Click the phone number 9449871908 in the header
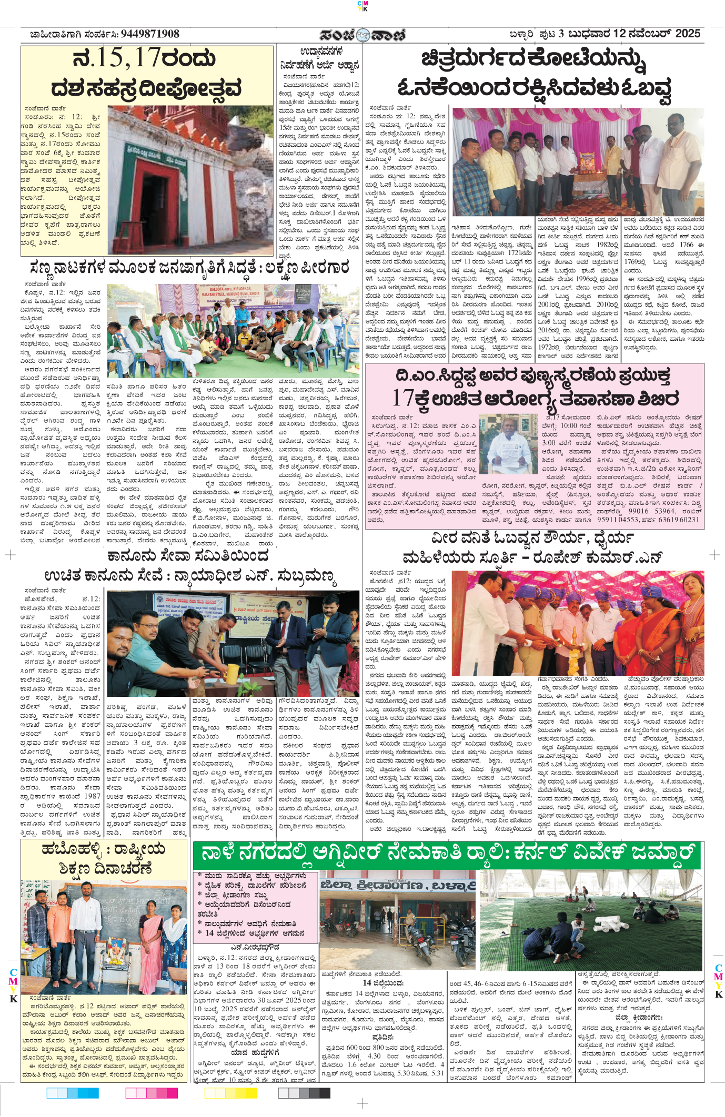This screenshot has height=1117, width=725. (x=150, y=34)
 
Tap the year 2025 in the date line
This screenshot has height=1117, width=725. (x=688, y=34)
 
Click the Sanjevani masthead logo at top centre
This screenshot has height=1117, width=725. (x=363, y=35)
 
